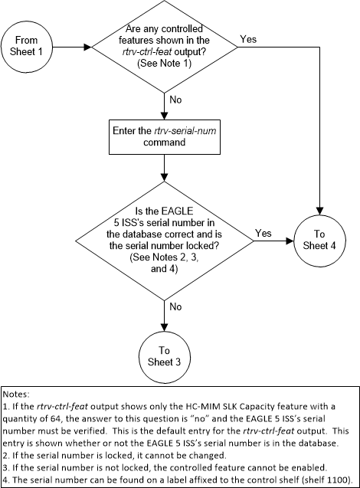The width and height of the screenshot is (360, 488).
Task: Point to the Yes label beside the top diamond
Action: pyautogui.click(x=248, y=37)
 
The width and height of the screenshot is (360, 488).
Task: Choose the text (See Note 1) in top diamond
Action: pyautogui.click(x=164, y=63)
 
